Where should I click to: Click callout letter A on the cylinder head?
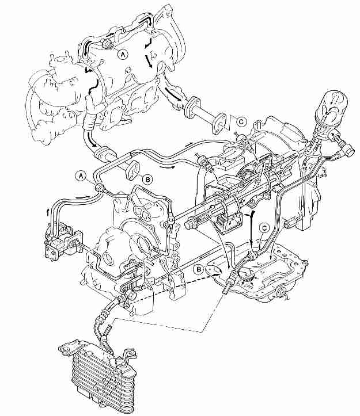(x=123, y=55)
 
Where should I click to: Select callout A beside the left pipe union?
(x=81, y=175)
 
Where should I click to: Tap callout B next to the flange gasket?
(x=147, y=180)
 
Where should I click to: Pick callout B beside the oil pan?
(x=199, y=269)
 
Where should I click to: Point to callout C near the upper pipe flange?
(x=241, y=122)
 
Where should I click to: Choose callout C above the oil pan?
(x=264, y=228)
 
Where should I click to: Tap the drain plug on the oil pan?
(x=282, y=293)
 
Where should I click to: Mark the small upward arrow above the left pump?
(x=48, y=212)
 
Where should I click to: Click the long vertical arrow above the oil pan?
(x=252, y=229)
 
